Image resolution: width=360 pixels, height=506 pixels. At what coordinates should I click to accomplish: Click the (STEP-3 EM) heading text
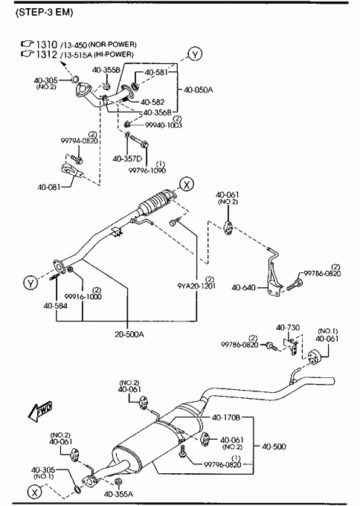tap(45, 12)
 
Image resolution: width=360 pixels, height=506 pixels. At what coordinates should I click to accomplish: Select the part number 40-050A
tap(199, 90)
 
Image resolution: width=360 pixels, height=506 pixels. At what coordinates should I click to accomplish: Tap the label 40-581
tap(156, 72)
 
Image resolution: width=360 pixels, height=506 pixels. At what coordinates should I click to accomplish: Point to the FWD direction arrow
tap(40, 412)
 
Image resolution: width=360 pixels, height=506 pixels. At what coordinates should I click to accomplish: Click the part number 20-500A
tap(129, 334)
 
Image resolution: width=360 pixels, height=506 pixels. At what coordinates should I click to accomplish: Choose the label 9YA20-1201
tap(196, 286)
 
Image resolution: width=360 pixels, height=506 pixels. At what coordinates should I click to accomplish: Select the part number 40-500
tap(274, 446)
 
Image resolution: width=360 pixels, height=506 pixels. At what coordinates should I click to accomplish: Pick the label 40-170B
tap(226, 417)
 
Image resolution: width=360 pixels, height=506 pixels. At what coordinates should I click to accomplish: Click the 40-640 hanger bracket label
tap(243, 287)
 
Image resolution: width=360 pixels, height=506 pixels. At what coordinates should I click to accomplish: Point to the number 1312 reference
tap(47, 54)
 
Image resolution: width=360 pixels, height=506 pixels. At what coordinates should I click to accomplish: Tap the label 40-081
tap(48, 187)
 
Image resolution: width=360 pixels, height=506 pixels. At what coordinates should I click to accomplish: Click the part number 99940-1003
tap(163, 125)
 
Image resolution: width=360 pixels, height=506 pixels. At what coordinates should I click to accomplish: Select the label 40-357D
tap(127, 158)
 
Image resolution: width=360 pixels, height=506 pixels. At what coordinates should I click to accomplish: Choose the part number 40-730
tap(288, 327)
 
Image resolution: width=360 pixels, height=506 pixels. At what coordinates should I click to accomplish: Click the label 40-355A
tap(118, 494)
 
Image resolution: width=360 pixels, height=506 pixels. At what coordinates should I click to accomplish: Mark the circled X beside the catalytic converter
tap(187, 185)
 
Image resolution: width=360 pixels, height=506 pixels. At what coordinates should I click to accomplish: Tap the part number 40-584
tap(56, 306)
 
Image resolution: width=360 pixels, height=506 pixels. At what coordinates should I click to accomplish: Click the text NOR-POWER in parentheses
tap(112, 44)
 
